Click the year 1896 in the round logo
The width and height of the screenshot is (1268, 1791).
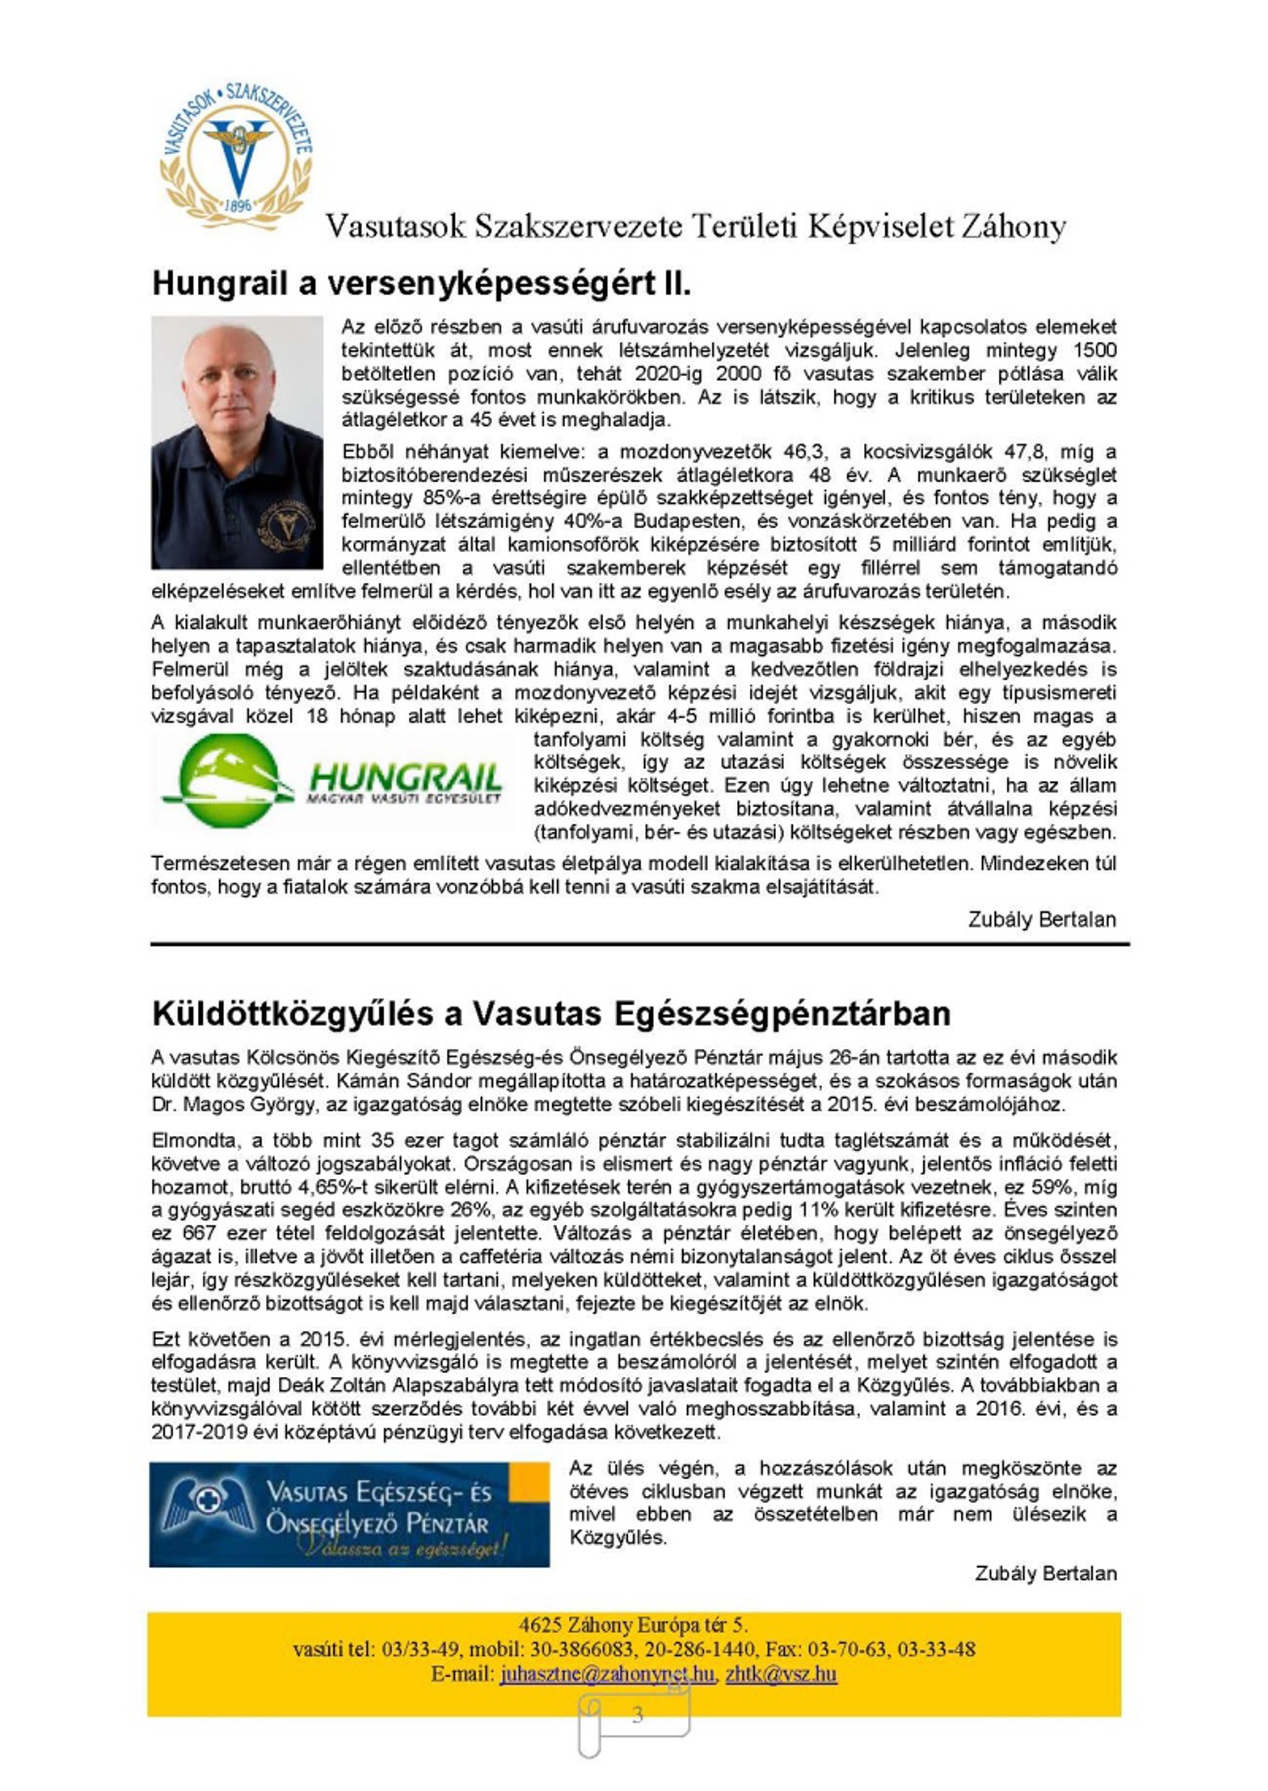click(238, 205)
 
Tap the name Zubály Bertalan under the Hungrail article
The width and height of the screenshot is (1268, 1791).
click(1041, 919)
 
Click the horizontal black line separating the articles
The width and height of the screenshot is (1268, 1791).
click(639, 943)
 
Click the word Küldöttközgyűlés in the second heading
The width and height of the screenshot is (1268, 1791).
click(293, 1013)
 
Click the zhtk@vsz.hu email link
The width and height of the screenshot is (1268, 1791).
click(781, 1674)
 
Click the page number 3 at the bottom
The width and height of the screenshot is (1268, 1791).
click(637, 1714)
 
